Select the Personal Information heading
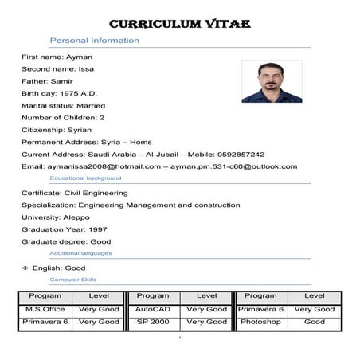coord(94,40)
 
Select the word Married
coord(90,105)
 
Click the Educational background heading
coord(85,178)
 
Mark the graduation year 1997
coord(92,229)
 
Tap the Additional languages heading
coord(80,253)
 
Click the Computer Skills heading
coord(73,280)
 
